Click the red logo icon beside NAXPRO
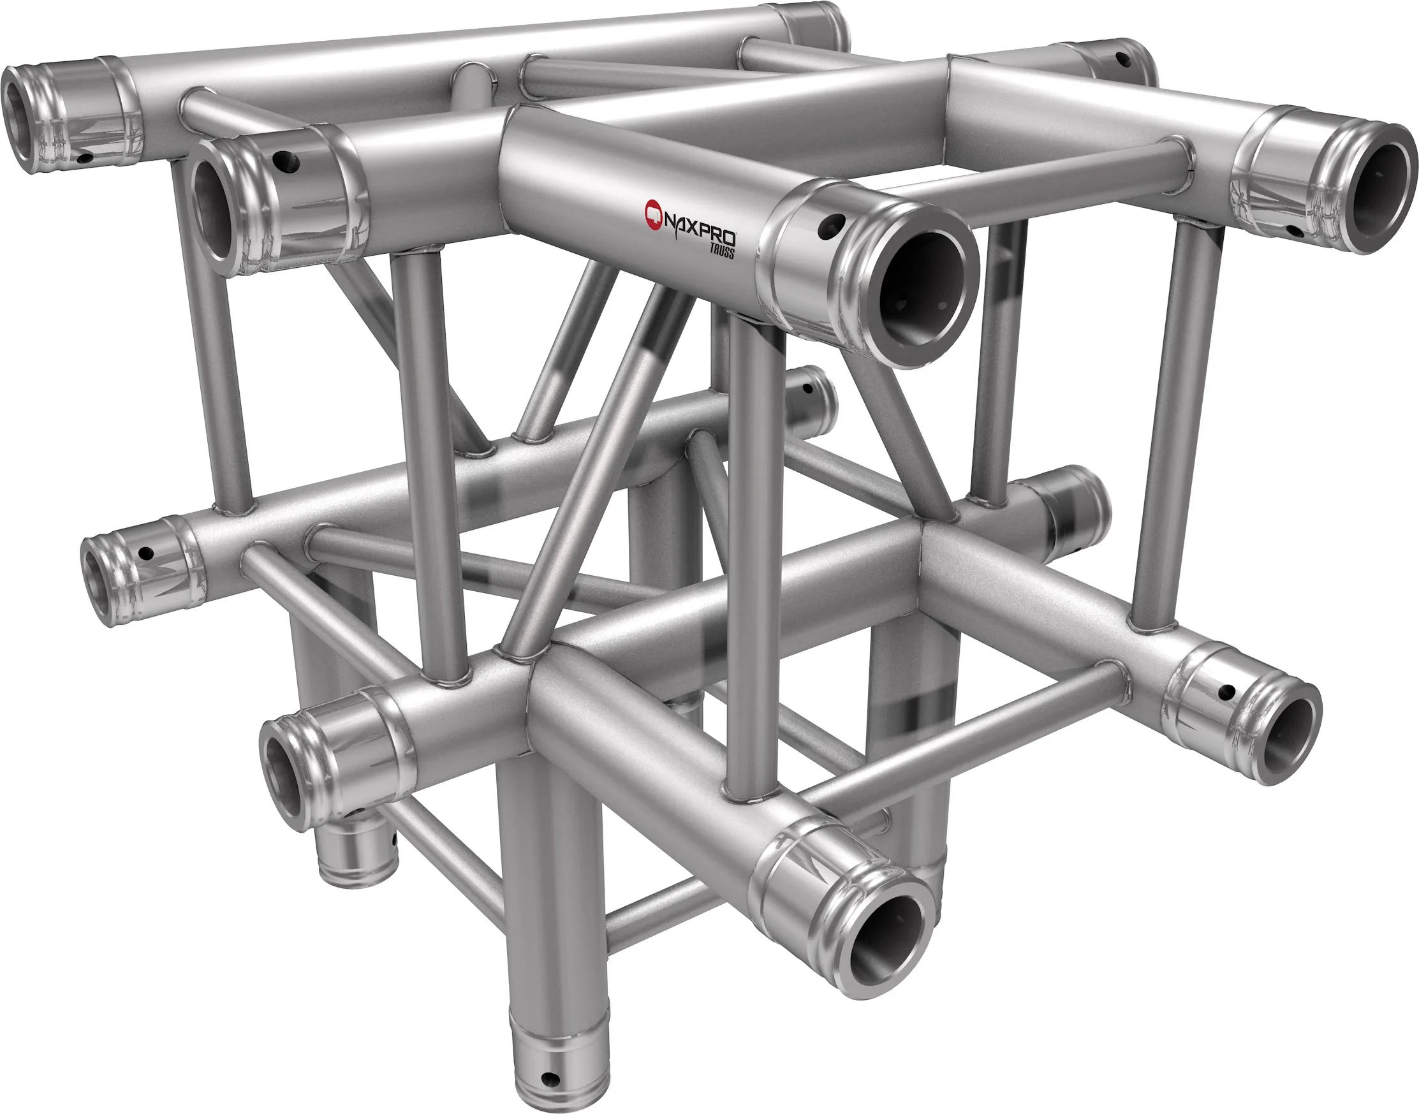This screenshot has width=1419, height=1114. pos(653,211)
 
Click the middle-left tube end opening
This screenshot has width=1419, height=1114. pos(96,584)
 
